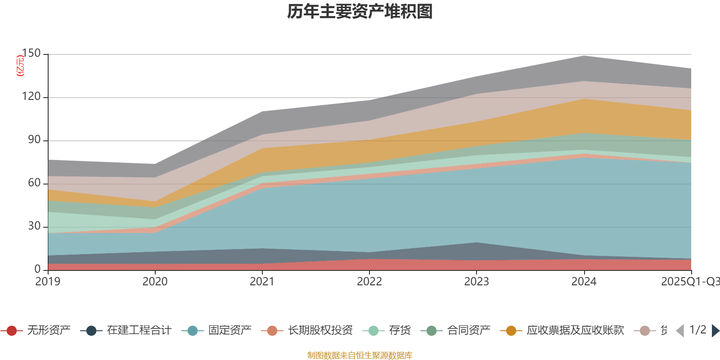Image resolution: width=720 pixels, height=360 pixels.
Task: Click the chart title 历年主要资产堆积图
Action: click(x=360, y=12)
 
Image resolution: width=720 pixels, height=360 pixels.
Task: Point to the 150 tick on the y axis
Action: click(x=31, y=54)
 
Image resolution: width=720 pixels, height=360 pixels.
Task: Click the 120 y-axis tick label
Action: click(x=31, y=97)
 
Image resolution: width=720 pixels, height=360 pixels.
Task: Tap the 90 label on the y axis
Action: click(x=34, y=140)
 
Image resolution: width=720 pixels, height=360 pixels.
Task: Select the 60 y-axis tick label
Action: click(x=34, y=183)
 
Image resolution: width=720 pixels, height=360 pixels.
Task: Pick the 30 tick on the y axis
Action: click(x=34, y=226)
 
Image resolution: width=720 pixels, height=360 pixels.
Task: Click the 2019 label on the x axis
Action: click(x=48, y=282)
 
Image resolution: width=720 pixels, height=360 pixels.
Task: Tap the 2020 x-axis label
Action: click(x=155, y=282)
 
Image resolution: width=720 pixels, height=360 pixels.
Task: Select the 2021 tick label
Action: click(x=262, y=282)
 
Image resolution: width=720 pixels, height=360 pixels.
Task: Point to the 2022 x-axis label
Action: click(x=369, y=282)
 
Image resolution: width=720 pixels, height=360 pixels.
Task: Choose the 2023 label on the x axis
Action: click(x=477, y=282)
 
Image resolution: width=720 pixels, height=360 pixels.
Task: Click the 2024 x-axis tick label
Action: click(x=584, y=282)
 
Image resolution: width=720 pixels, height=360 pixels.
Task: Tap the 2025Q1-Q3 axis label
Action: click(x=690, y=282)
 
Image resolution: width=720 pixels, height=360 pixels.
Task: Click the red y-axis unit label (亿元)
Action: click(x=20, y=66)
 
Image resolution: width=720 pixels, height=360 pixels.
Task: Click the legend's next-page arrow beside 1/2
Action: click(x=715, y=331)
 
